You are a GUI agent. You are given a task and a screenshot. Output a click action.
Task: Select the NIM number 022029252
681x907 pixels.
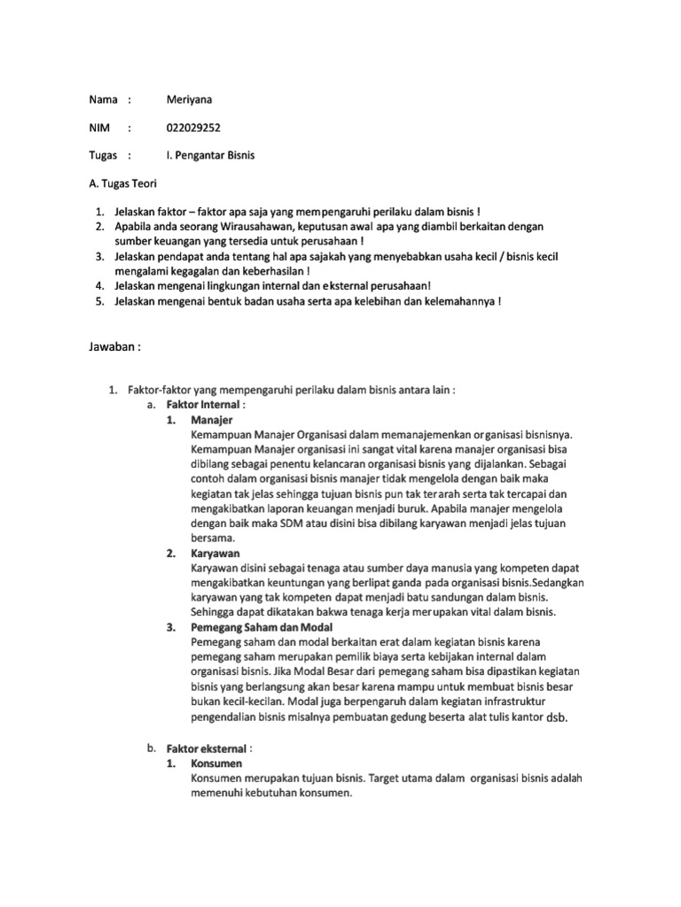(193, 127)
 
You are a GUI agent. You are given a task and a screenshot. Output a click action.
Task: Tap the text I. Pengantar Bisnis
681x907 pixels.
(210, 155)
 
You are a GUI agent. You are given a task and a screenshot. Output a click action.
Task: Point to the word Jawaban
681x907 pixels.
(112, 347)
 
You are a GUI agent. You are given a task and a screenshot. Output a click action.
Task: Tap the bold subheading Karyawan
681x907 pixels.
(215, 553)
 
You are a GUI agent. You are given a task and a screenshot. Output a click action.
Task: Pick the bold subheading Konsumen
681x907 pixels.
(216, 763)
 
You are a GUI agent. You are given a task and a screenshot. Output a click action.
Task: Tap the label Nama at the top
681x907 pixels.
(104, 98)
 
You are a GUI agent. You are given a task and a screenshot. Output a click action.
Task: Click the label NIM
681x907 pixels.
(98, 127)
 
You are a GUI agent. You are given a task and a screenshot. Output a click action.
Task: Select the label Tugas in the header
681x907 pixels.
(104, 155)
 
